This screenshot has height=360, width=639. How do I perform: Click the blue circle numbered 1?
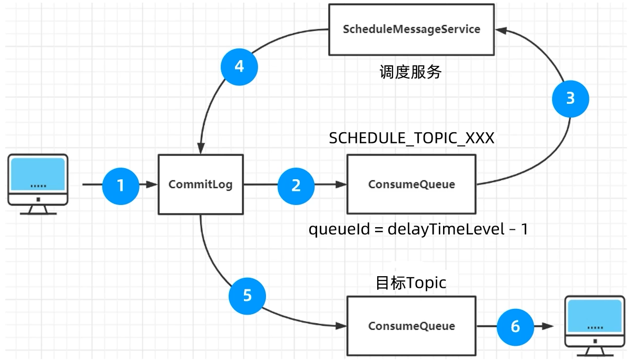pos(121,186)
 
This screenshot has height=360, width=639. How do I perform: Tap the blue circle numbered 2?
pos(296,186)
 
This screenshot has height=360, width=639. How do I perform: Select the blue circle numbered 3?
pos(571,99)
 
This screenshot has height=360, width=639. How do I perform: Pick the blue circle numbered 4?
pos(239,67)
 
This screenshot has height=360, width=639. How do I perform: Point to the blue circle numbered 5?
pos(247,296)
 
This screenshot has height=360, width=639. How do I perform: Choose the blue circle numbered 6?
pos(515,327)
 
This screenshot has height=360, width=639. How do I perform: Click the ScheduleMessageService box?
pos(411,30)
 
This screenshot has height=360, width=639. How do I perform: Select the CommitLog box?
pos(201,184)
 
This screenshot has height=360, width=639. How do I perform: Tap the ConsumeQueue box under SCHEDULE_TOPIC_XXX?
pos(411,184)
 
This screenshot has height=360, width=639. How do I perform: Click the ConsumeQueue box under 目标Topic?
pos(411,326)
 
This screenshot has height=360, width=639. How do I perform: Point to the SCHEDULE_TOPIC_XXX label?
pos(411,138)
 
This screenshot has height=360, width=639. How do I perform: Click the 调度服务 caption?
pos(410,72)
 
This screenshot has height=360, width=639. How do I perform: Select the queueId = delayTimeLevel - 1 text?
pos(418,229)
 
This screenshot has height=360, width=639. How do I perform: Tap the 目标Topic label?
pos(411,283)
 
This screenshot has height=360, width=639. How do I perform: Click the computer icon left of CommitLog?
pos(38,184)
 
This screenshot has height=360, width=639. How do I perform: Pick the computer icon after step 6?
pos(595,326)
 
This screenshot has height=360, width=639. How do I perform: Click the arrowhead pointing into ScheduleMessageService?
pos(500,30)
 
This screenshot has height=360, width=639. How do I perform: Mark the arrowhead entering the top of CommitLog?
pos(201,148)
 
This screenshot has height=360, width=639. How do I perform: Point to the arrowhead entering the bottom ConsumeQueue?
pos(341,326)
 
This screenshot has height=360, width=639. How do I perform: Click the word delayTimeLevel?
pos(446,229)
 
